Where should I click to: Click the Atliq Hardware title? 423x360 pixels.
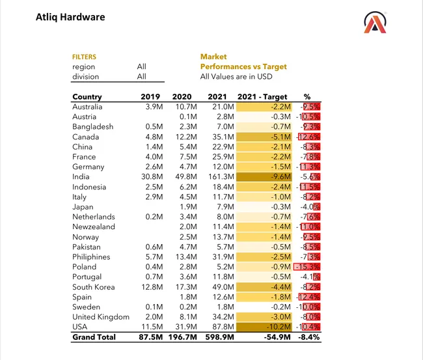(x=70, y=17)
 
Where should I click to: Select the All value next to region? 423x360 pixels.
(x=141, y=66)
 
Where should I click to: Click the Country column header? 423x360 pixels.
(x=87, y=97)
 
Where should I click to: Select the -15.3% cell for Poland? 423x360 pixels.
(x=308, y=267)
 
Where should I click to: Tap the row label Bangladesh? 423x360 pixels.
(x=92, y=127)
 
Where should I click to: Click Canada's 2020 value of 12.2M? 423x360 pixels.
(x=185, y=137)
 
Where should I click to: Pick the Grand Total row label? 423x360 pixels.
(x=94, y=337)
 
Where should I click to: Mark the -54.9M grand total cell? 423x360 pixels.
(x=276, y=337)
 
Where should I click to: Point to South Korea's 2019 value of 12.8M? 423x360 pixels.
(x=152, y=287)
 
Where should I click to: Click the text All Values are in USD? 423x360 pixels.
(x=236, y=77)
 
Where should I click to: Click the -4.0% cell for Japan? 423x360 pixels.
(x=311, y=207)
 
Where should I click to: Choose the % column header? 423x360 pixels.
(x=307, y=97)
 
